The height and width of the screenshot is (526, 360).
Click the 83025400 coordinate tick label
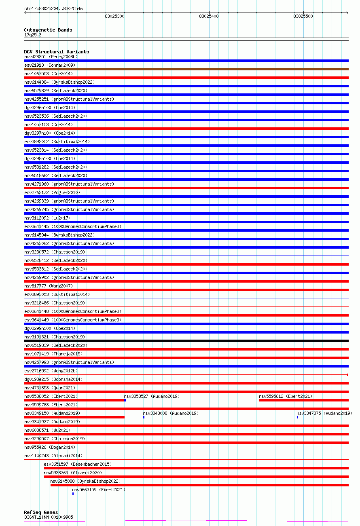(x=209, y=16)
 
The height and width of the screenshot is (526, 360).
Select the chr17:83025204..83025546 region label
(x=53, y=8)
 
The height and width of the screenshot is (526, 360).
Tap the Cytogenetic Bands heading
(x=48, y=30)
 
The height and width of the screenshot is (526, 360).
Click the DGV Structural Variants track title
(x=56, y=52)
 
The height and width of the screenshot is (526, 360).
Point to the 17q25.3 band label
(x=33, y=35)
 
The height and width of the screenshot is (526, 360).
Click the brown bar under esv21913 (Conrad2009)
(x=186, y=69)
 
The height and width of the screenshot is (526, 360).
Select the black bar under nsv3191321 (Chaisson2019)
(x=186, y=341)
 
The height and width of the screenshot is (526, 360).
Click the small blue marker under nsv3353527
(x=125, y=400)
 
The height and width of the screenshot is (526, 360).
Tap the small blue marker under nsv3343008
(x=144, y=417)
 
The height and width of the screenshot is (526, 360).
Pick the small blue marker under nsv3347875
(x=297, y=417)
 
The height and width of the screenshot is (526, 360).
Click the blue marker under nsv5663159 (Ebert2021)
(x=73, y=494)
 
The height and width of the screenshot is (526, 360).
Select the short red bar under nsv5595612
(x=304, y=400)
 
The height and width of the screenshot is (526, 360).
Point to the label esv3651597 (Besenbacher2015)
(x=78, y=464)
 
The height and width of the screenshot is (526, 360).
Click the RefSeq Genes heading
(x=41, y=512)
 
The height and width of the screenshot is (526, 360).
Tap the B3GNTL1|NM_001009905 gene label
(x=49, y=517)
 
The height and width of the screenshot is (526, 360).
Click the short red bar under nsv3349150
(x=74, y=417)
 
